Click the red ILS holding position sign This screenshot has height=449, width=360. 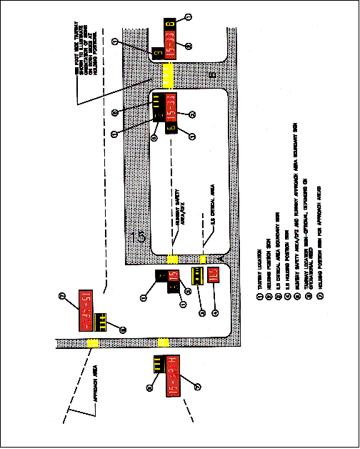[213, 275]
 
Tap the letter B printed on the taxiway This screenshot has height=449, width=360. [211, 74]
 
